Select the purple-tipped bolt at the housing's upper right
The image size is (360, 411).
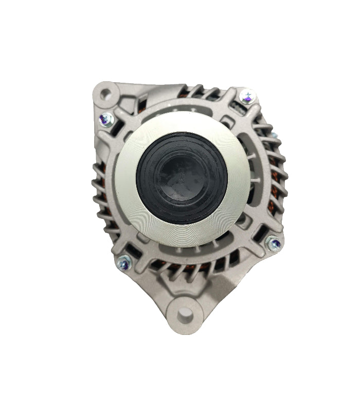(247, 96)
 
